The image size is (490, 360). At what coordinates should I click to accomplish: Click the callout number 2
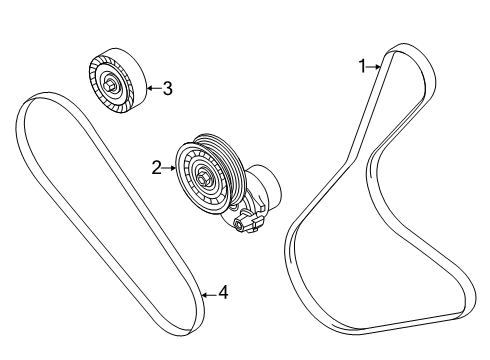[157, 169]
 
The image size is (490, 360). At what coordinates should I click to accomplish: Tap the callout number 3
[167, 88]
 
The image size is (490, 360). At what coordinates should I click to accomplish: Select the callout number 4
[223, 293]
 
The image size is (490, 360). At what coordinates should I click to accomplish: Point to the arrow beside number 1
[375, 67]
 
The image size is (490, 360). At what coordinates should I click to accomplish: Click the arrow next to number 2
[170, 169]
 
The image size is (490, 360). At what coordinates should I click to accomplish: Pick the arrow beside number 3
[152, 88]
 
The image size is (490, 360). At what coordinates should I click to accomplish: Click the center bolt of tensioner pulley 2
[202, 178]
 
